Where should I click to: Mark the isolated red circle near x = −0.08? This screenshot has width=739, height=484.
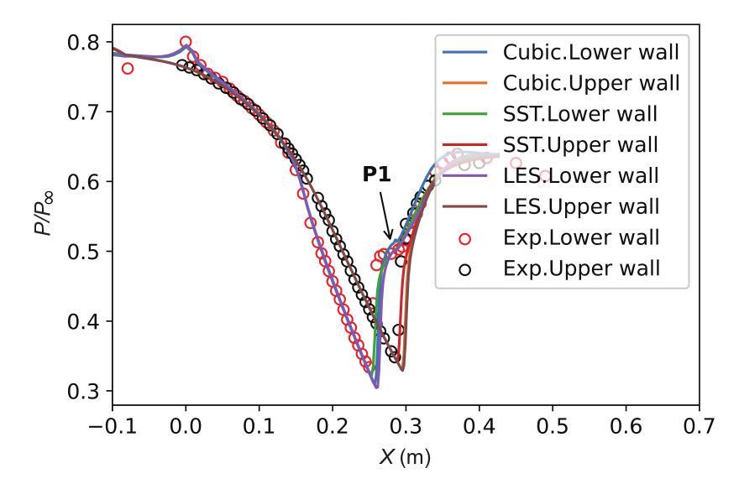(128, 68)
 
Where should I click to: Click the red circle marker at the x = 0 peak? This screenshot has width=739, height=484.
(186, 42)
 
